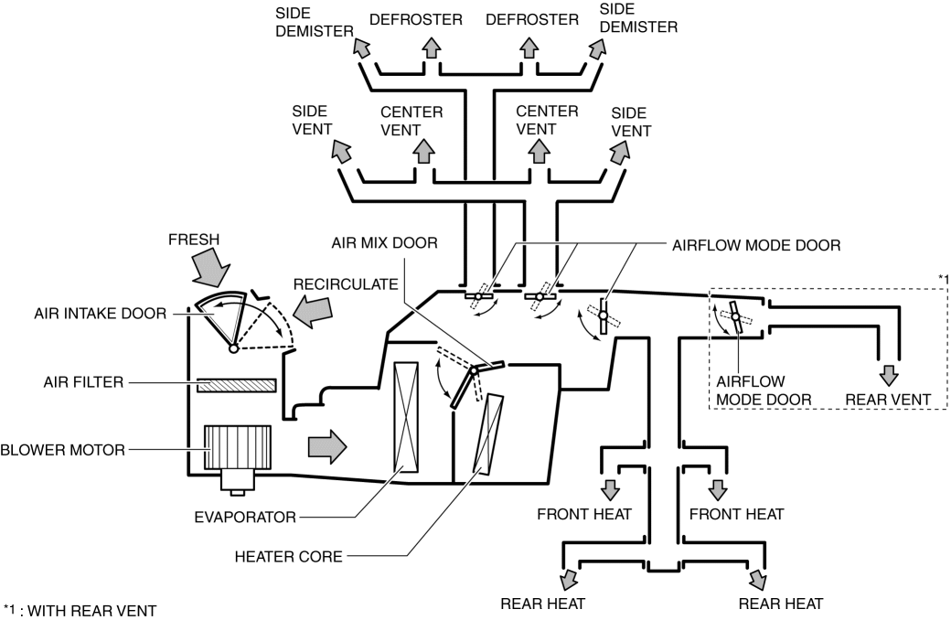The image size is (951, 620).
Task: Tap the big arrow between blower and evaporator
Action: (327, 446)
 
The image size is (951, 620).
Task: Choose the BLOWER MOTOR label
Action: (62, 449)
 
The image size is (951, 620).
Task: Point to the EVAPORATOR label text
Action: (244, 518)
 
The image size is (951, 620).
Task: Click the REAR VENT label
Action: (887, 400)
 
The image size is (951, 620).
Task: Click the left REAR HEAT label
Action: (542, 603)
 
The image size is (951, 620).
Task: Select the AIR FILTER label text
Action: (80, 381)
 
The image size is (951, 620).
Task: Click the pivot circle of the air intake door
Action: (234, 348)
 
